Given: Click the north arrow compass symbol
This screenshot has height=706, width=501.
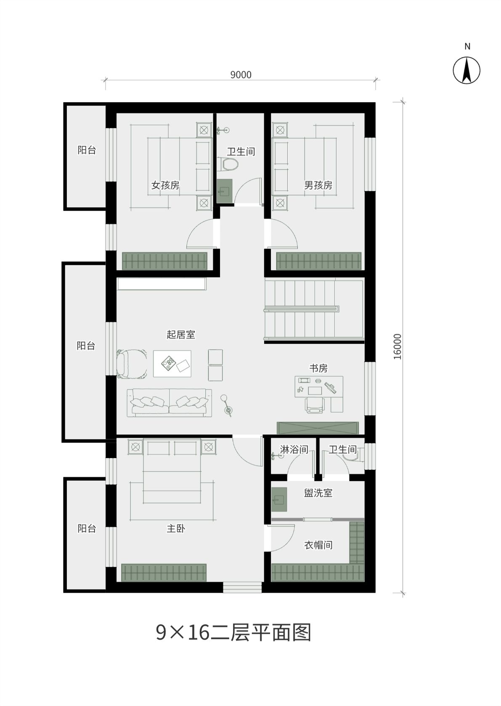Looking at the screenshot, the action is click(467, 70).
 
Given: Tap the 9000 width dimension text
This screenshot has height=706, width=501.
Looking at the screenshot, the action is click(241, 75).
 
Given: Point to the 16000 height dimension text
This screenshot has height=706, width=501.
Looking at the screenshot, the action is click(398, 346).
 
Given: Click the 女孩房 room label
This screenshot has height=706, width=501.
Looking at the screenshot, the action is click(165, 185).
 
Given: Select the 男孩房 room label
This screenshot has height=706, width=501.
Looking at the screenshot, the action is click(318, 185).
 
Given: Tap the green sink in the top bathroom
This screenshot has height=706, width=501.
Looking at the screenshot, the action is click(224, 191).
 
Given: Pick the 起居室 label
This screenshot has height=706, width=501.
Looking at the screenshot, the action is click(181, 335).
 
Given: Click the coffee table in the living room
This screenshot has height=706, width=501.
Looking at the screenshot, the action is click(172, 364).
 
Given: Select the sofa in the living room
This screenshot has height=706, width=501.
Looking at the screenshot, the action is click(170, 403).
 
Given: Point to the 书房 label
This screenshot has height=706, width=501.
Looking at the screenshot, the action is click(318, 368).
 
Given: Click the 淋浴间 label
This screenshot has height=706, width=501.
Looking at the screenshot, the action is click(294, 450).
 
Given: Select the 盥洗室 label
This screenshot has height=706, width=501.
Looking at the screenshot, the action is click(318, 493).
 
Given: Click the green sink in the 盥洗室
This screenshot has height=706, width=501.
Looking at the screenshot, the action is click(279, 500).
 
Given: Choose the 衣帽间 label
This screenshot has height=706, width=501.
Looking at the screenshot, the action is click(318, 545).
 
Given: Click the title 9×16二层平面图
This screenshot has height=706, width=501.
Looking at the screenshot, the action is click(234, 632).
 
